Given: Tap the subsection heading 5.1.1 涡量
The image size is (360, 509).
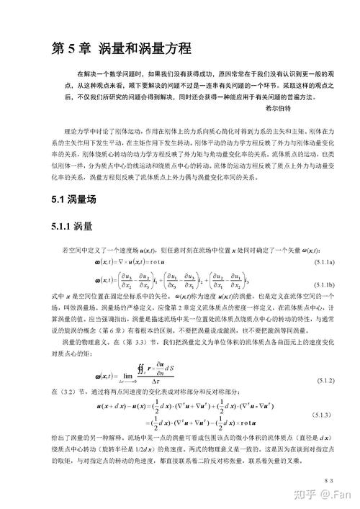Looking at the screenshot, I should point(72,226).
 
